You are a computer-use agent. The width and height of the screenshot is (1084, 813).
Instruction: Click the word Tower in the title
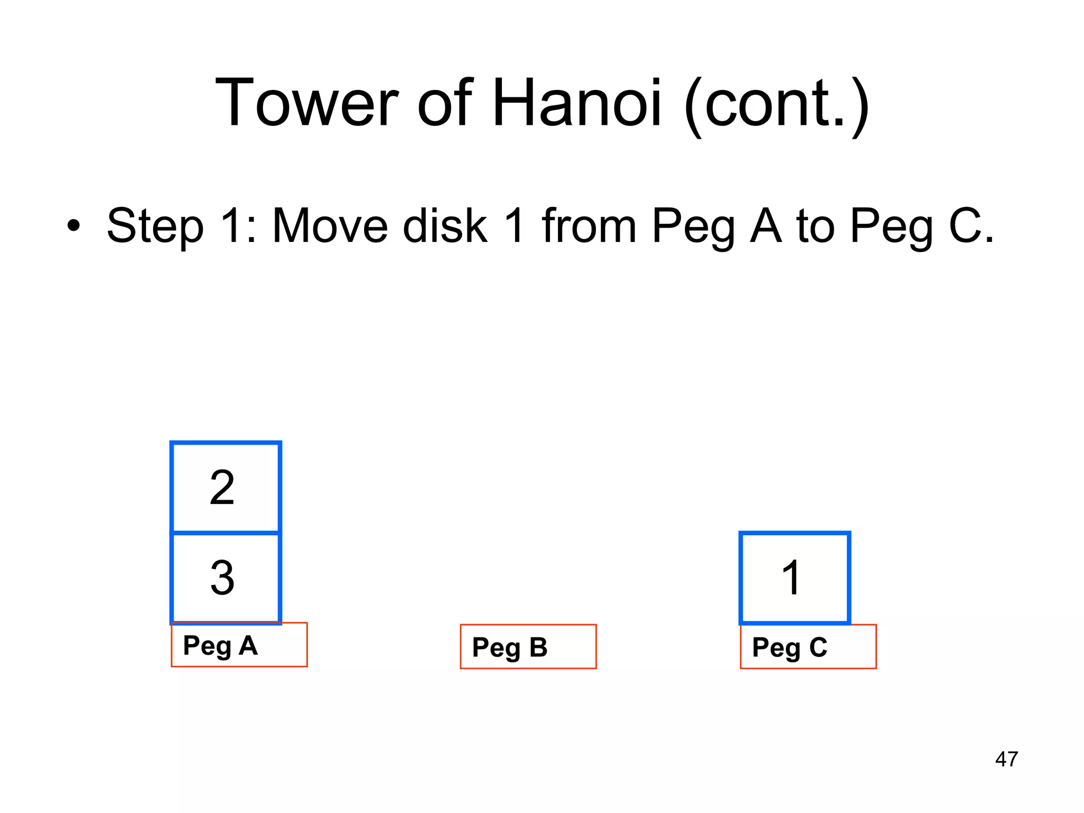(x=306, y=103)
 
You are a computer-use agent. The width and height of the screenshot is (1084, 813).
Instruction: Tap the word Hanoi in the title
(x=576, y=103)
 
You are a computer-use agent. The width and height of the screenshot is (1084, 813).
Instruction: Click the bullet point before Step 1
(x=74, y=227)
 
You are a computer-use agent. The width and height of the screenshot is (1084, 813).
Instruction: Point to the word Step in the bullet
(x=155, y=227)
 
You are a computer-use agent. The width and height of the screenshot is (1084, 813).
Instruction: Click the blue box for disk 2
(x=225, y=487)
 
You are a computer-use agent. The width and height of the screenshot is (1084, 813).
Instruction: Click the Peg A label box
(x=239, y=645)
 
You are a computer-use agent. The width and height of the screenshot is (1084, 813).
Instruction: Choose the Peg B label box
(x=528, y=647)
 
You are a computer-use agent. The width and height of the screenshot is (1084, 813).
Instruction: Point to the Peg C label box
(x=808, y=647)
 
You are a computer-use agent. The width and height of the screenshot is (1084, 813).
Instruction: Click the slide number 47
(x=1006, y=759)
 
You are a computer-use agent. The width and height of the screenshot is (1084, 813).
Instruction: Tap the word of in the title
(x=444, y=103)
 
